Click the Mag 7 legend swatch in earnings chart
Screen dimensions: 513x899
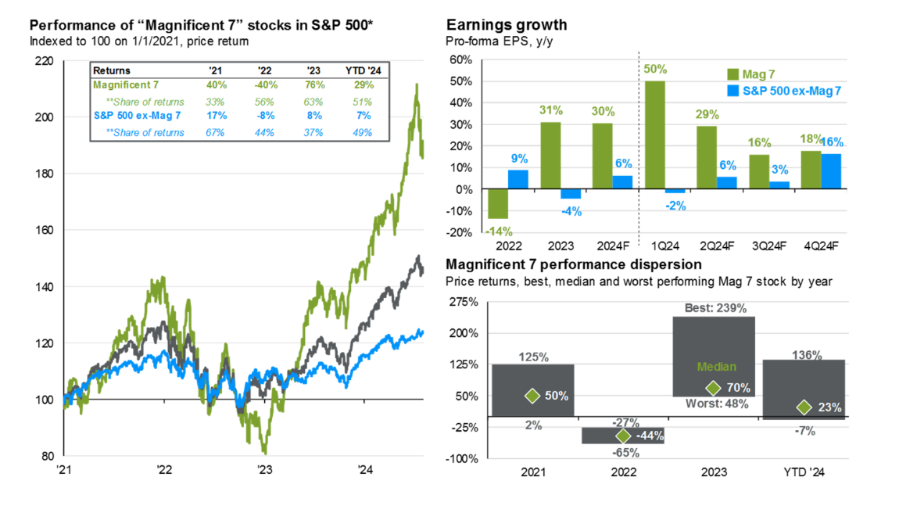pyautogui.click(x=733, y=74)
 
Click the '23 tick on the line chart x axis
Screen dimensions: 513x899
pyautogui.click(x=264, y=471)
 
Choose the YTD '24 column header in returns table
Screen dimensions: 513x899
pyautogui.click(x=358, y=70)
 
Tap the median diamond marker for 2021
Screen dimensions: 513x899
pyautogui.click(x=532, y=396)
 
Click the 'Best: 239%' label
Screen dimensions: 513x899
pyautogui.click(x=713, y=308)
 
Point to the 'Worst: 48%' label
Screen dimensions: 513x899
pyautogui.click(x=713, y=404)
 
